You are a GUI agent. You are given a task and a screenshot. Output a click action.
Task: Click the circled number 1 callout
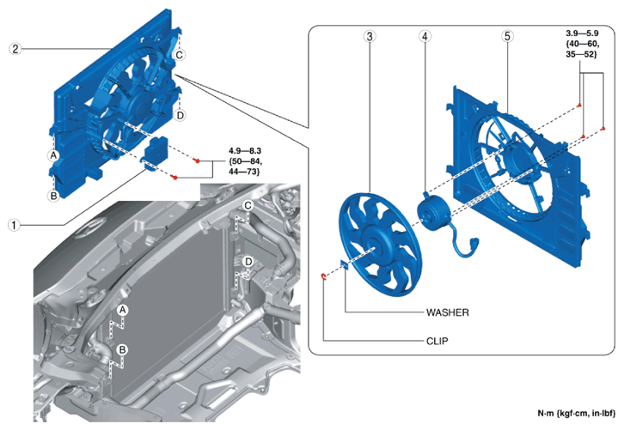coord(14,226)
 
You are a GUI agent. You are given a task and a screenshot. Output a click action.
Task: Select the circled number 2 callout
coord(15,49)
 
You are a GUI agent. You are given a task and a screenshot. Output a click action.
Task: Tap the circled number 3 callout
coord(370,37)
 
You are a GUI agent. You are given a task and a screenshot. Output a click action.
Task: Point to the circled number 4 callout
coord(425,37)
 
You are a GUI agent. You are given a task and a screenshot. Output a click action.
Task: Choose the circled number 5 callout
coord(507,37)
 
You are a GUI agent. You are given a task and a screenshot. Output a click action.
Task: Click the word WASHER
coord(447,312)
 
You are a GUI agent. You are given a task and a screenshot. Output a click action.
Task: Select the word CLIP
coord(437,341)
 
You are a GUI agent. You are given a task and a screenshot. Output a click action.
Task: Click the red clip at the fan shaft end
coord(324,276)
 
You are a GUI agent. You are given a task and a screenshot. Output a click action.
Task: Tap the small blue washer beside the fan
coord(344,264)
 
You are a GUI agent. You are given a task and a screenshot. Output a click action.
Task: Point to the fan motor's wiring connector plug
coord(474,242)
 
